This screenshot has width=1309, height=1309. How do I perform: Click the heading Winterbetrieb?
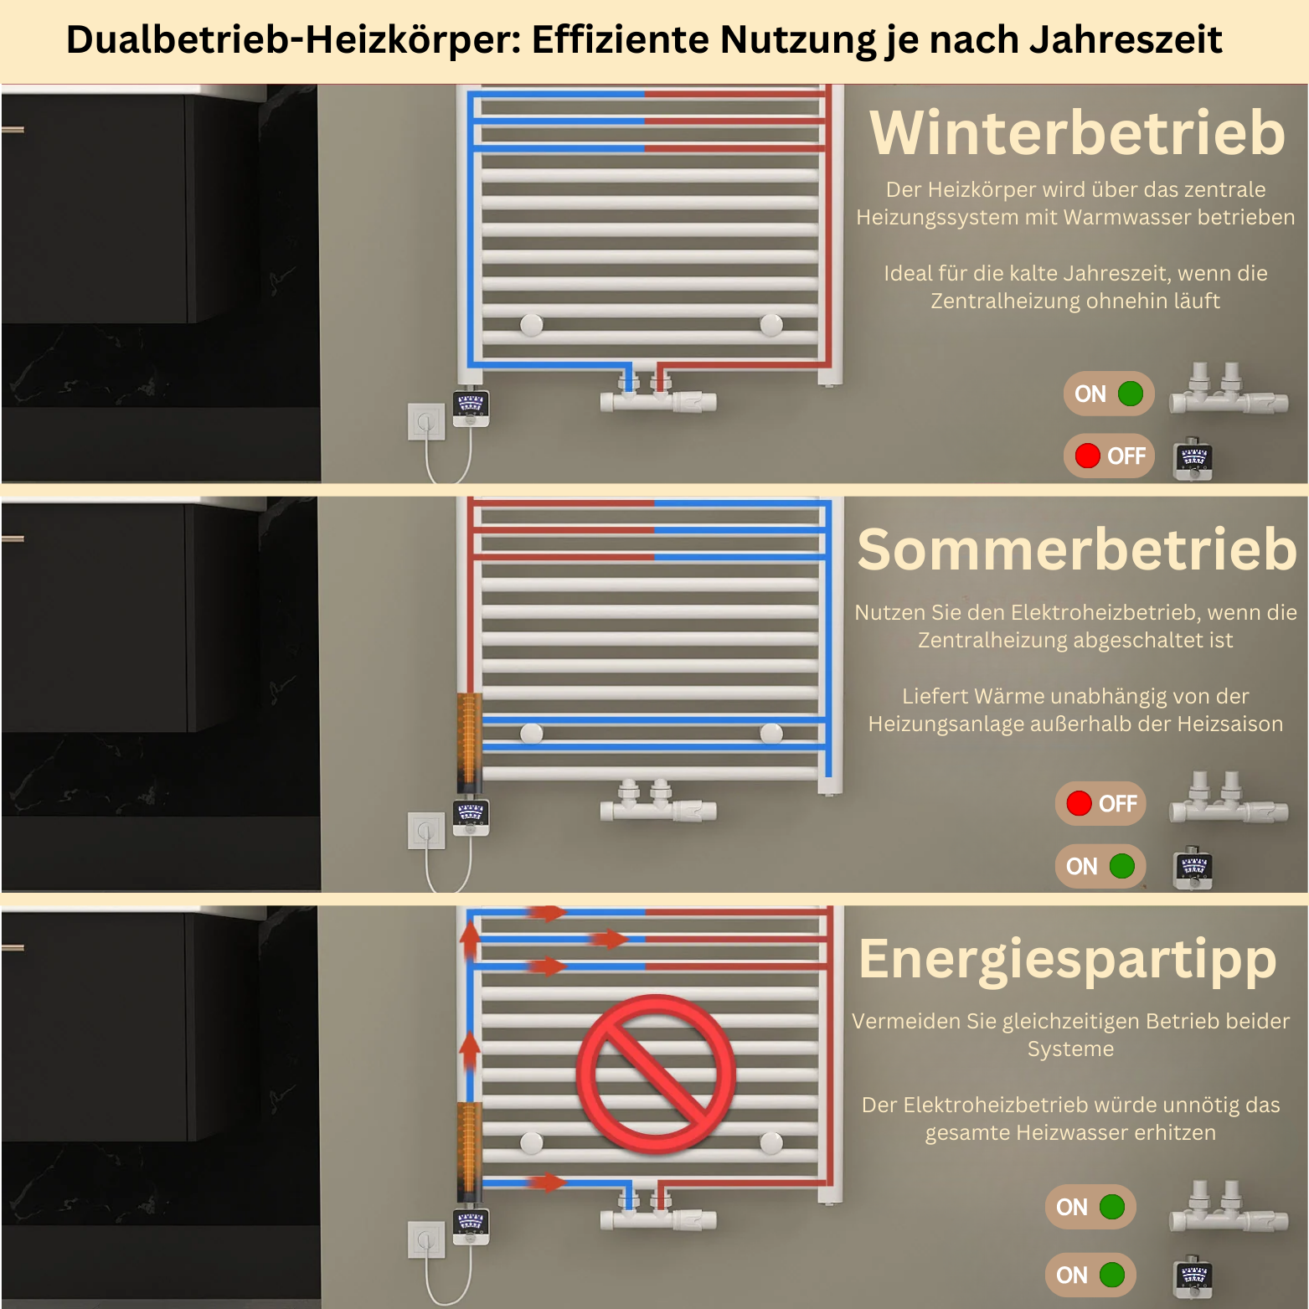pyautogui.click(x=1077, y=133)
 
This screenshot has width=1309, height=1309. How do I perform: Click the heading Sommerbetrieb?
pyautogui.click(x=1077, y=549)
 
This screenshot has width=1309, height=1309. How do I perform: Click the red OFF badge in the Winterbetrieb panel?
pyautogui.click(x=1109, y=456)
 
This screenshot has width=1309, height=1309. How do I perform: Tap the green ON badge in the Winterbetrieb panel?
pyautogui.click(x=1109, y=394)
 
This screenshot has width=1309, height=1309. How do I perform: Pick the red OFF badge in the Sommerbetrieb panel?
pyautogui.click(x=1100, y=803)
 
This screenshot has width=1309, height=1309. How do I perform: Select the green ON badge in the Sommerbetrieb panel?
pyautogui.click(x=1100, y=866)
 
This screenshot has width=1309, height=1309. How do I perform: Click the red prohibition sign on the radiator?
pyautogui.click(x=656, y=1074)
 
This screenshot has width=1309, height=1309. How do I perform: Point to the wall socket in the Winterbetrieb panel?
pyautogui.click(x=426, y=421)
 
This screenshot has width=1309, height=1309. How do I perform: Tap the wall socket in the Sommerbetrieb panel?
pyautogui.click(x=426, y=831)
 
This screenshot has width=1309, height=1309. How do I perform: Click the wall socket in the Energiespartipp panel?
pyautogui.click(x=426, y=1239)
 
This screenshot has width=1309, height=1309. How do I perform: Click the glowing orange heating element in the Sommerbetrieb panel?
pyautogui.click(x=469, y=742)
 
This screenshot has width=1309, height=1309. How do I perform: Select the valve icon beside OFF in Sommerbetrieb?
pyautogui.click(x=1229, y=797)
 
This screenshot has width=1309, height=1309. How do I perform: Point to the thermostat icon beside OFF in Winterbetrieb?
pyautogui.click(x=1193, y=458)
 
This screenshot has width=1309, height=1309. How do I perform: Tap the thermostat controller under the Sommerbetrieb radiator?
pyautogui.click(x=471, y=817)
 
